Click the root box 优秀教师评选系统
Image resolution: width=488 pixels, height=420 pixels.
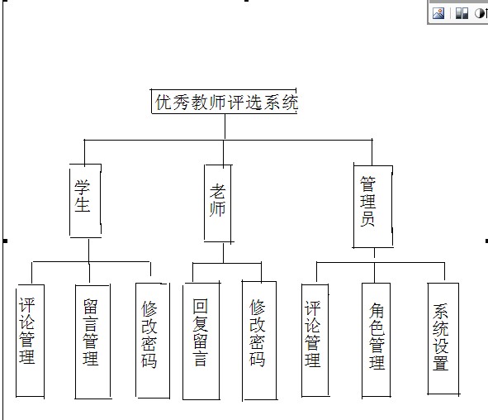coord(224,101)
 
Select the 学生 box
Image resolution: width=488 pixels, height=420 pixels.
coord(86,201)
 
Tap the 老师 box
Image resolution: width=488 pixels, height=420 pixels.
coord(218,203)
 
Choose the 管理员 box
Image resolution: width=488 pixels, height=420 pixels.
coord(373,207)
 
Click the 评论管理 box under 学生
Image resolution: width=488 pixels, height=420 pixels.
coord(31,341)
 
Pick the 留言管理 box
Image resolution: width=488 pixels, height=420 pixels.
coord(92,341)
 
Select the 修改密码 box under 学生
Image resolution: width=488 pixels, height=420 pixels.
coord(153,341)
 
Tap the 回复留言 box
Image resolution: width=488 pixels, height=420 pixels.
coord(201,341)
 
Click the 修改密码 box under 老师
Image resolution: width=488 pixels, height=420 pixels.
coord(259,341)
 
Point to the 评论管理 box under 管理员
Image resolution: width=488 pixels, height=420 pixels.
coord(315,341)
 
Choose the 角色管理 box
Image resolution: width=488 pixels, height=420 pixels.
coord(376,340)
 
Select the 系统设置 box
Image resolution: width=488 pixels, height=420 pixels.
coord(443,339)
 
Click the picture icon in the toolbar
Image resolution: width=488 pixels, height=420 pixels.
coord(438,13)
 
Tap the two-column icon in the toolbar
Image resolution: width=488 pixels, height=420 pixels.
coord(462,13)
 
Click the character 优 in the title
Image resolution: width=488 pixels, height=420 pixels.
coord(163,103)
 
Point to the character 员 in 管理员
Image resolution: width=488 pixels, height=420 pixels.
coord(367,219)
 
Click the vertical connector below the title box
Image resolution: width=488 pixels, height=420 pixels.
coord(225,126)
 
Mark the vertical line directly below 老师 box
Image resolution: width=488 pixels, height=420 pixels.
coord(224,253)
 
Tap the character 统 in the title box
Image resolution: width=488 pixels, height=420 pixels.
coord(290,103)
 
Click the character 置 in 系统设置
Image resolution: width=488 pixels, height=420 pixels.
coord(440,363)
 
